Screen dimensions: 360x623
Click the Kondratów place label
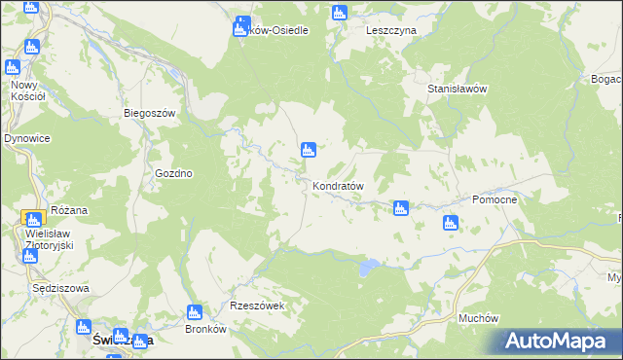click(x=339, y=185)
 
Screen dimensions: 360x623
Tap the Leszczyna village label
click(x=391, y=30)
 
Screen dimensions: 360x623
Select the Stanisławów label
click(x=457, y=89)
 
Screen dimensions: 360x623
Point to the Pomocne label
click(x=499, y=198)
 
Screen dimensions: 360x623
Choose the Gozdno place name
click(x=174, y=173)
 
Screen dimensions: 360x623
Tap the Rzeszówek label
click(x=257, y=306)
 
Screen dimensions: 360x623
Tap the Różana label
click(x=69, y=209)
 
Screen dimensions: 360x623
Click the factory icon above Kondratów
click(x=309, y=149)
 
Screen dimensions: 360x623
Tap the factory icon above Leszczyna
click(x=339, y=13)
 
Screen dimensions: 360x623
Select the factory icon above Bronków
click(x=193, y=312)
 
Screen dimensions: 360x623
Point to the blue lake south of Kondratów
click(x=367, y=265)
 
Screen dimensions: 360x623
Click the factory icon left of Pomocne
click(x=450, y=224)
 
